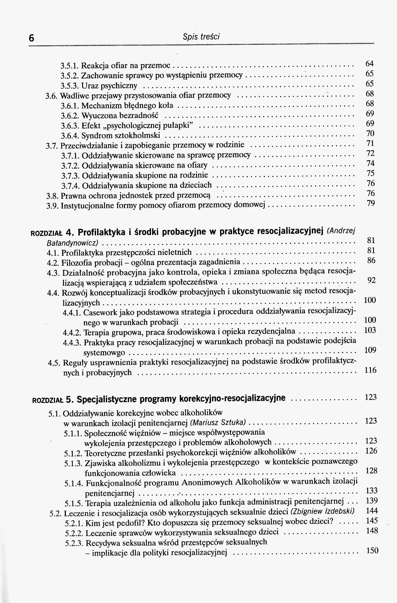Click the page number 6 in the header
pos(31,38)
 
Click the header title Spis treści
pos(201,37)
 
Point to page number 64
pos(370,63)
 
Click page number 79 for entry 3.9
pos(371,203)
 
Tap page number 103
pos(370,330)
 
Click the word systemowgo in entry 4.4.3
pos(104,353)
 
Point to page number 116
pos(370,370)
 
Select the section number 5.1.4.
pos(74,483)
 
